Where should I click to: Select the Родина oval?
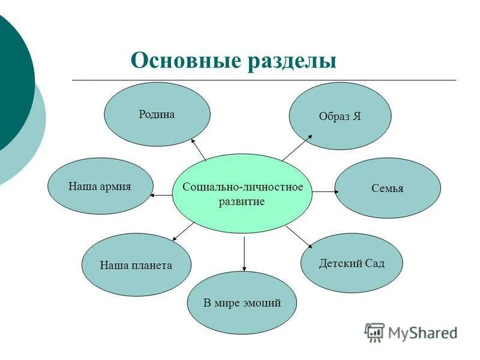click(157, 114)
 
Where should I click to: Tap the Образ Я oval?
click(340, 116)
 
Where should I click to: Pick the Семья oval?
click(387, 188)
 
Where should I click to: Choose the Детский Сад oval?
click(352, 263)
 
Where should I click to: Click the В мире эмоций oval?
click(242, 303)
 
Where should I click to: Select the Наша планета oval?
click(136, 265)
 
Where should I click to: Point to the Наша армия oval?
click(100, 186)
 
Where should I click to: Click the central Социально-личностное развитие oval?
click(242, 193)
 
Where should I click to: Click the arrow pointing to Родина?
click(199, 149)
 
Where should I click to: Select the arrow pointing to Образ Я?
click(298, 147)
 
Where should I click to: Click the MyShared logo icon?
click(374, 332)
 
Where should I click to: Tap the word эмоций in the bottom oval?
click(262, 303)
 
